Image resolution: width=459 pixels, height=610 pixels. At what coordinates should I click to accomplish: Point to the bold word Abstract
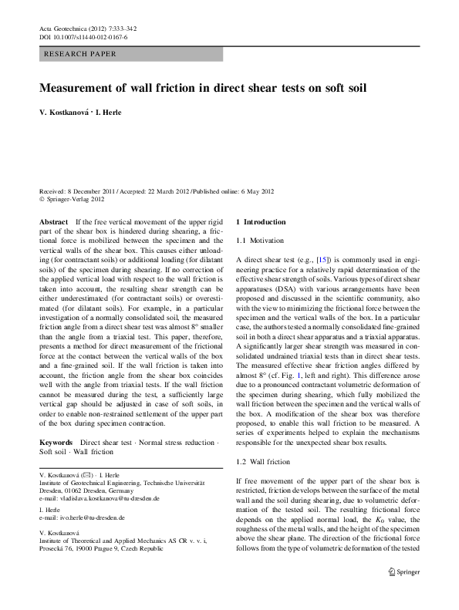[53, 221]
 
